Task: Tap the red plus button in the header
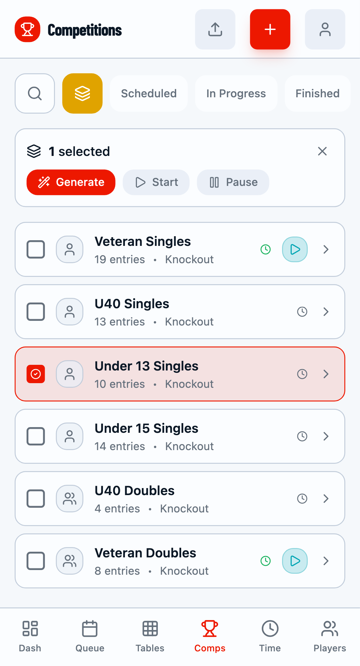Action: [x=270, y=29]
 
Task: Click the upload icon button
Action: [x=215, y=29]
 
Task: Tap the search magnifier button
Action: [x=35, y=93]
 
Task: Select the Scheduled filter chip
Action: [x=149, y=93]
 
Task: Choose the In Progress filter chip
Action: [x=236, y=93]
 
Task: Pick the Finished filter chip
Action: [x=317, y=93]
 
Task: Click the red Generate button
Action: [x=71, y=182]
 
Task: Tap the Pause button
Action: [x=233, y=182]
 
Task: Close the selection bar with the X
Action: [x=322, y=151]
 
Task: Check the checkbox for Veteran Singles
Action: [x=36, y=249]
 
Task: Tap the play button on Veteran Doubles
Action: [x=295, y=561]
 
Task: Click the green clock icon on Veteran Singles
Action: [x=265, y=249]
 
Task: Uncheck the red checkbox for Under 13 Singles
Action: [x=36, y=374]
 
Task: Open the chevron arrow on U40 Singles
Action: [x=326, y=312]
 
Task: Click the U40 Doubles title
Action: [x=135, y=490]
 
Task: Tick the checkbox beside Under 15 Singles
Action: [x=36, y=436]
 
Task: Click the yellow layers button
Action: [x=82, y=93]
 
